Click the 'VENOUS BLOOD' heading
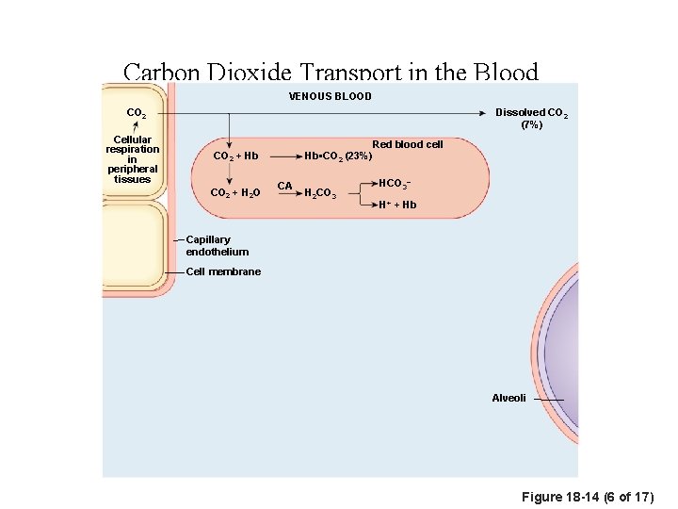click(330, 96)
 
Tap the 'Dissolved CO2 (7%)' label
click(531, 119)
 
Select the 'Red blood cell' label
click(407, 144)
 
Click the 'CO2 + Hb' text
click(236, 156)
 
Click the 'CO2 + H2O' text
click(236, 193)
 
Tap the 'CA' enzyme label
click(284, 186)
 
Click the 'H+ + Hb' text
click(396, 205)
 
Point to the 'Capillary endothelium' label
click(217, 246)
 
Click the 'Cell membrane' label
click(223, 271)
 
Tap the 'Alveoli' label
click(508, 399)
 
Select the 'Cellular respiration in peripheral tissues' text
click(132, 160)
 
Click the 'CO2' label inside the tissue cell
click(137, 114)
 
